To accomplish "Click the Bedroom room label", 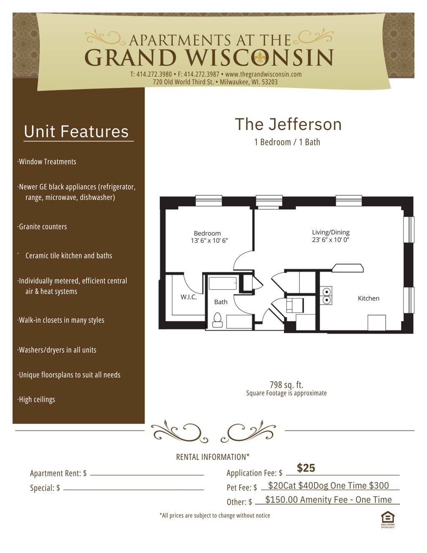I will point(207,233).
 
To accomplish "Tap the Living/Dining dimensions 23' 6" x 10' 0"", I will point(330,240).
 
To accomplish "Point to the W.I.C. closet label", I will point(188,297).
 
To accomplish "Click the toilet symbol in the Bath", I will point(217,320).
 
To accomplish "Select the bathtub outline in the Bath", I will point(223,284).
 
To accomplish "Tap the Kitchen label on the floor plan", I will point(368,298).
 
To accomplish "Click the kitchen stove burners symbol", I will point(326,295).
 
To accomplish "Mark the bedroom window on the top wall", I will point(208,201).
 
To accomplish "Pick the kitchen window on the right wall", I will point(411,300).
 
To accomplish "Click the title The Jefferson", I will point(288,124).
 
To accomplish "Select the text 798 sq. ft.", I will point(286,385).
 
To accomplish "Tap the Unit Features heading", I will point(76,131).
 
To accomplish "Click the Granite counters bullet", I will point(43,227).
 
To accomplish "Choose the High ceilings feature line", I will point(37,400).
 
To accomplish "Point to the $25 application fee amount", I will point(306,468).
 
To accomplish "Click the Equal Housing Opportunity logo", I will point(387,518).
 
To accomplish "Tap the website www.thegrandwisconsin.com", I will point(263,74).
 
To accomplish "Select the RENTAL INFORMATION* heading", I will point(213,457).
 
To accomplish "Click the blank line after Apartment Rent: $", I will point(147,474).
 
